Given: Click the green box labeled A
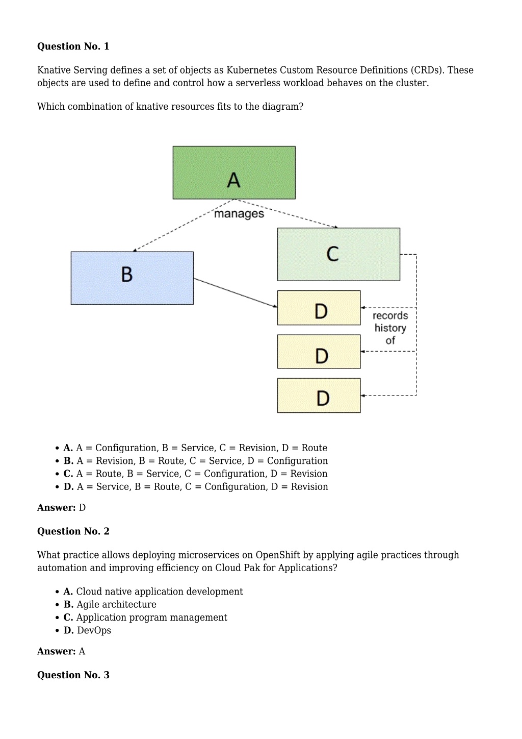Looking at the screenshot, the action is [x=234, y=173].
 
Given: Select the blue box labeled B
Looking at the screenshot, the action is [x=132, y=278].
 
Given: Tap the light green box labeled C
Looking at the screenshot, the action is [x=339, y=254].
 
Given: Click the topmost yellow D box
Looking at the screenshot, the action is [x=319, y=308].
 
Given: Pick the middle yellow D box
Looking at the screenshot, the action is [x=319, y=352].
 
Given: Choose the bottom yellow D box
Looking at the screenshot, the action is [x=319, y=396].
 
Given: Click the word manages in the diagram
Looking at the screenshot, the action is [x=239, y=214].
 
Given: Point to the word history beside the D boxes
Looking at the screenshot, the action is [x=390, y=328].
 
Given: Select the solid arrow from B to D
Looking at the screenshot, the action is [x=236, y=292].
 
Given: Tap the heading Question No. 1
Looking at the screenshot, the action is [x=73, y=46].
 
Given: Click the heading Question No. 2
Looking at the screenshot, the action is [x=73, y=531].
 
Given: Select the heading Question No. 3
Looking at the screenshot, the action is [x=73, y=675].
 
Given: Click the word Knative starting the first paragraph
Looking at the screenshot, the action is [x=54, y=70].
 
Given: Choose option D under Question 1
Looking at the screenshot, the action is [x=196, y=486].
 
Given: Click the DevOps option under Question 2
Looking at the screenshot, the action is [x=87, y=630].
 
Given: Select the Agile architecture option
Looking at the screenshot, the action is [x=110, y=604].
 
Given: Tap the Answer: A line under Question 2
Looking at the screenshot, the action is [x=61, y=651].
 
